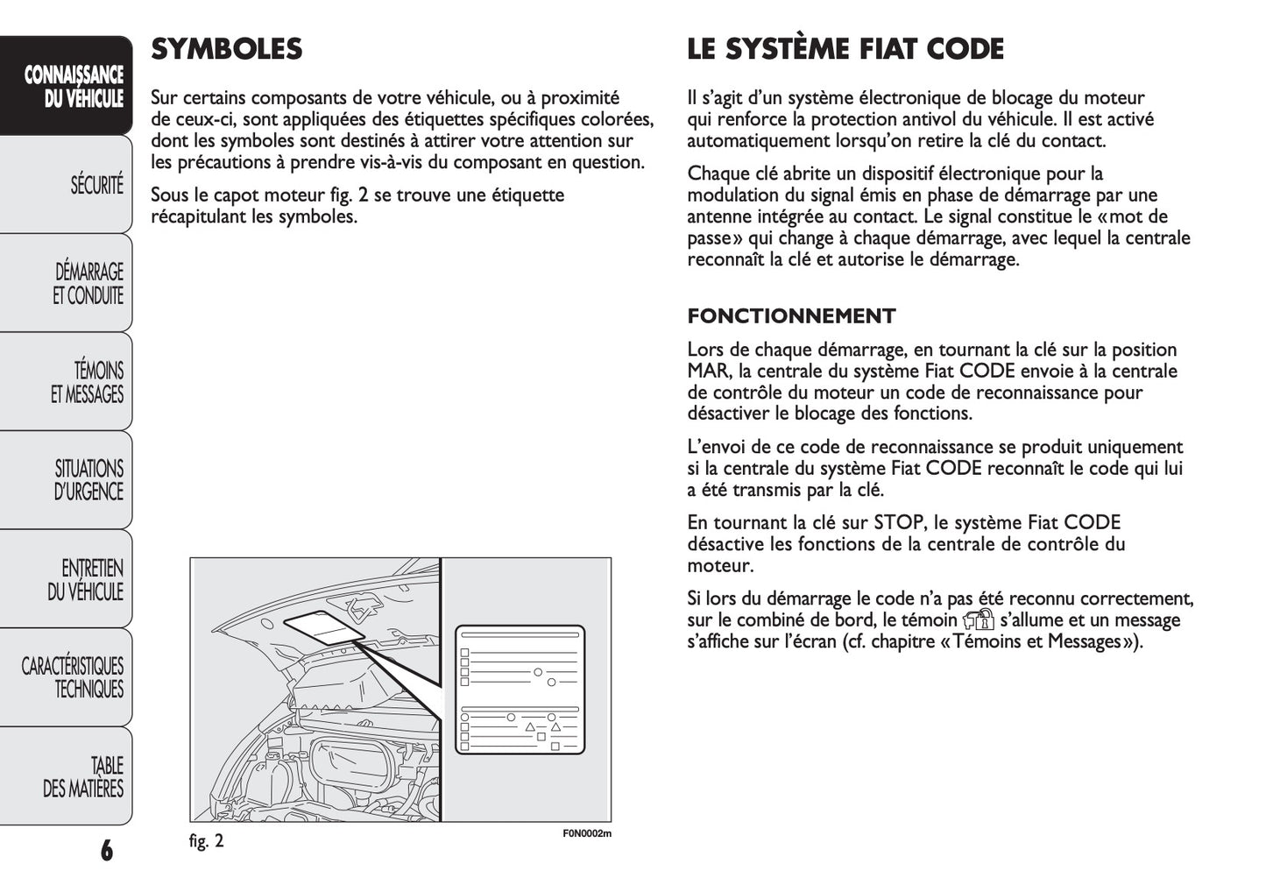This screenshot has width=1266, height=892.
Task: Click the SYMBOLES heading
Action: [x=226, y=49]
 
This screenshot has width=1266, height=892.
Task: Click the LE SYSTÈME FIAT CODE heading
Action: [x=845, y=49]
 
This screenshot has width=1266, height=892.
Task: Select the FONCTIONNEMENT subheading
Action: [x=791, y=316]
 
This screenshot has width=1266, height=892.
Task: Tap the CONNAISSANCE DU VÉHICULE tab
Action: [x=74, y=87]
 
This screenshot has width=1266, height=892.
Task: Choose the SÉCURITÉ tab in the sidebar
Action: [x=96, y=186]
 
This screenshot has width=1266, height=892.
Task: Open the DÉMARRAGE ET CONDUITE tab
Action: [x=88, y=284]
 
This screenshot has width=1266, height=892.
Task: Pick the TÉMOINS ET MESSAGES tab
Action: [x=88, y=383]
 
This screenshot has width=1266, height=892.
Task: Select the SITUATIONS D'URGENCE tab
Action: [x=88, y=480]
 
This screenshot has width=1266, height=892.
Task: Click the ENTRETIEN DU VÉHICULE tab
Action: [x=85, y=580]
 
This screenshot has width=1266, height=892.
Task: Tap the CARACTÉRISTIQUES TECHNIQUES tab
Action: [x=74, y=678]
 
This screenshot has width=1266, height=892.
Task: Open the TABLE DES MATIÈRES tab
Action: [x=83, y=777]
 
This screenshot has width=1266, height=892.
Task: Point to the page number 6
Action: [x=106, y=850]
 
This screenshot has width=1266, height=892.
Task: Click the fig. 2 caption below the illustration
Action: [x=207, y=841]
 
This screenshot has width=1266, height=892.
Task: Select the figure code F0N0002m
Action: [x=586, y=833]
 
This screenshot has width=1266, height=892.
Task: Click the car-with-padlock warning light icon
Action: [x=978, y=621]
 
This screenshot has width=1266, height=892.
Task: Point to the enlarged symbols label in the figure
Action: [x=519, y=690]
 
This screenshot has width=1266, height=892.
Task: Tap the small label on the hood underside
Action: [x=323, y=628]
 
